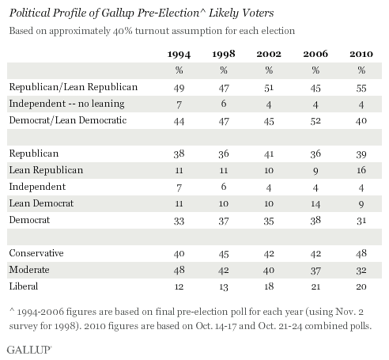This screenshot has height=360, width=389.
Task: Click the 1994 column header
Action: [x=179, y=55]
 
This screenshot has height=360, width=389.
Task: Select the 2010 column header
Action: [x=361, y=54]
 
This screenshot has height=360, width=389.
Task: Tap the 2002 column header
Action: [x=269, y=54]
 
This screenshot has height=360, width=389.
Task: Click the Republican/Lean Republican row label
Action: [x=74, y=87]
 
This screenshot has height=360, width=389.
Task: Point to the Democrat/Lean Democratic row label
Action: [x=68, y=120]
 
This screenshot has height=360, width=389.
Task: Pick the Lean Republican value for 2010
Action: [x=361, y=170]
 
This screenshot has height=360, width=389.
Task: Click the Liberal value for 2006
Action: [x=315, y=286]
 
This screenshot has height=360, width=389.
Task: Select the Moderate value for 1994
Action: [x=179, y=270]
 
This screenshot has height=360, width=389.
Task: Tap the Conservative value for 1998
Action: [x=224, y=254]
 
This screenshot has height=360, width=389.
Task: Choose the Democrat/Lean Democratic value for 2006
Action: [x=315, y=121]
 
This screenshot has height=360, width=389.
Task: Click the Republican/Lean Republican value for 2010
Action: [x=361, y=88]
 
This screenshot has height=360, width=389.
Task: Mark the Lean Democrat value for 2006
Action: [x=315, y=204]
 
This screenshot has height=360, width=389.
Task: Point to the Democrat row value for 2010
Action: [x=361, y=221]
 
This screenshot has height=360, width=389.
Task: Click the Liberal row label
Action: [x=24, y=286]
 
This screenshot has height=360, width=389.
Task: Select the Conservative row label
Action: [x=36, y=253]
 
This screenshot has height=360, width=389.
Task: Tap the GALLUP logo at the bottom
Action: [x=29, y=350]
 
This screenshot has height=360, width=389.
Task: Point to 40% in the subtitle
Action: [x=123, y=31]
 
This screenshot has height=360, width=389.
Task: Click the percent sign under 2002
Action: [x=269, y=70]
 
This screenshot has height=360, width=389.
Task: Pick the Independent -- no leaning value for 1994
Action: [x=179, y=104]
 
